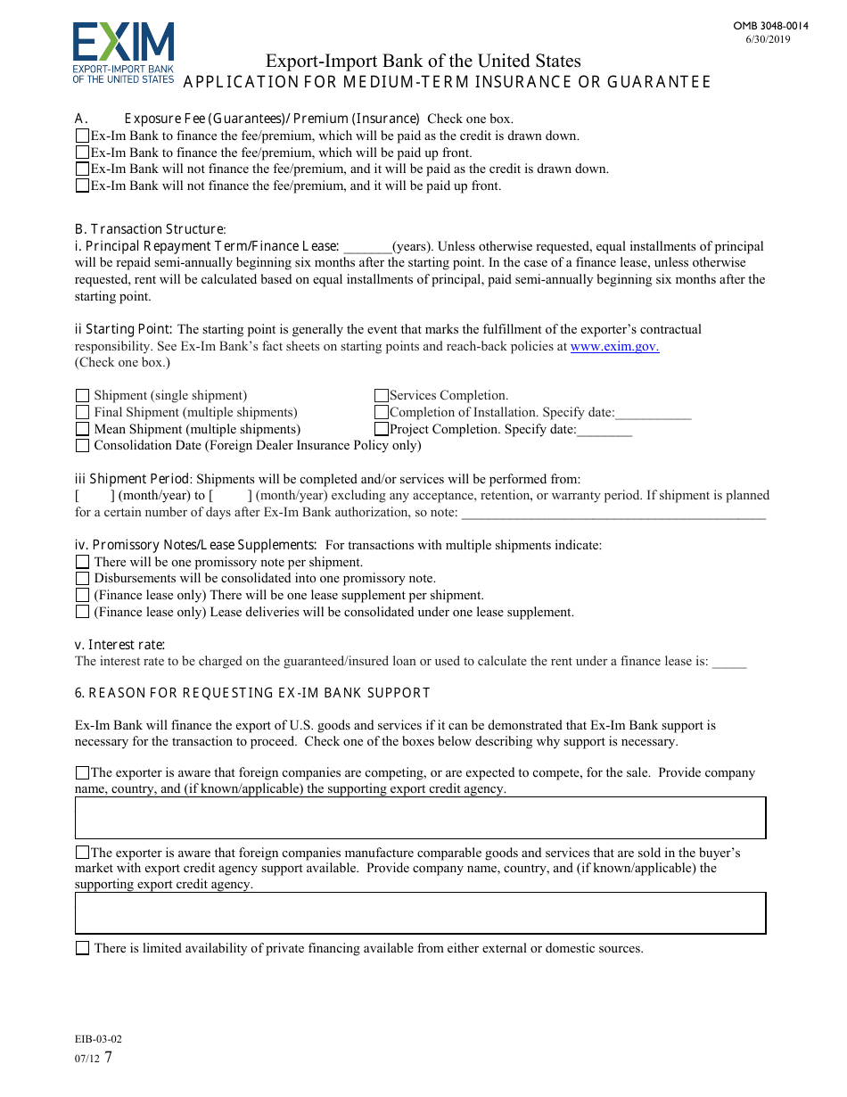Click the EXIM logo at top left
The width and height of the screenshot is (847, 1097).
click(123, 54)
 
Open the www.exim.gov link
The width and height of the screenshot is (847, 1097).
click(614, 346)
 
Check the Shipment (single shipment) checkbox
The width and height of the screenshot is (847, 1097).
click(83, 396)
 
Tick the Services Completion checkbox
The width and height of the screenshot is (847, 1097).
click(382, 396)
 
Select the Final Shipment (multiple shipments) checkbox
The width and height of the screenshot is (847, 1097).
click(83, 413)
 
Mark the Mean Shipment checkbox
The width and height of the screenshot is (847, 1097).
click(83, 429)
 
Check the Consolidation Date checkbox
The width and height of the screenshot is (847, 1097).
click(83, 446)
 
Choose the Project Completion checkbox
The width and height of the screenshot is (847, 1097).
click(382, 429)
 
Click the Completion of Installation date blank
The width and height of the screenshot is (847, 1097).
click(653, 413)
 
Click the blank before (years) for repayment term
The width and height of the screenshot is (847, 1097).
click(367, 247)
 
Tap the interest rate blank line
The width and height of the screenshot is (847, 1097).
click(729, 662)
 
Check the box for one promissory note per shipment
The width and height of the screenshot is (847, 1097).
click(83, 563)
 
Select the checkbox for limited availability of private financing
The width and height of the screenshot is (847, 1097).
click(83, 949)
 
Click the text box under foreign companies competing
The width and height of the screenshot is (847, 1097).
click(420, 818)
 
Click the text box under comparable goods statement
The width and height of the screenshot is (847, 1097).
click(420, 913)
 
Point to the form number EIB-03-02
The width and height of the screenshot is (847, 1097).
click(98, 1039)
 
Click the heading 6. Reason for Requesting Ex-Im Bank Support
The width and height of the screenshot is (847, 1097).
click(252, 693)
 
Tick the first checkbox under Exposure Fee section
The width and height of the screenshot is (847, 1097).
click(83, 136)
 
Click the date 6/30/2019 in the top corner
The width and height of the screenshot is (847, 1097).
click(768, 39)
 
